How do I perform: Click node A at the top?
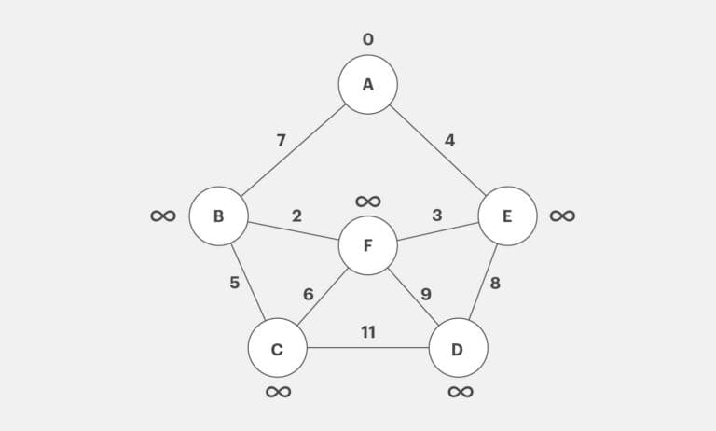(x=367, y=85)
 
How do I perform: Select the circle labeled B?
(x=218, y=216)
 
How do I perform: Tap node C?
(x=277, y=349)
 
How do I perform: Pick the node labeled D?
(x=458, y=349)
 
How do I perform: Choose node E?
(x=507, y=216)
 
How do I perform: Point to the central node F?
(x=367, y=245)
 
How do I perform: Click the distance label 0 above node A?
(x=367, y=39)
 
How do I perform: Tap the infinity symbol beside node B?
(x=162, y=215)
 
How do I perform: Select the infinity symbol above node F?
(x=367, y=201)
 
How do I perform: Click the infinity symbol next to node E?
(x=562, y=215)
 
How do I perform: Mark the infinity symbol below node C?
(x=278, y=392)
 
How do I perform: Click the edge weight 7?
(x=281, y=141)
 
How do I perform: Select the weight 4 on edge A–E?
(x=449, y=141)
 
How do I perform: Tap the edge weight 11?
(x=367, y=332)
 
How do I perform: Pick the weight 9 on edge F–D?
(x=425, y=294)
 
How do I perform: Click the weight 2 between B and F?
(x=296, y=215)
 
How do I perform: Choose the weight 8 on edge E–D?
(x=495, y=283)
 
